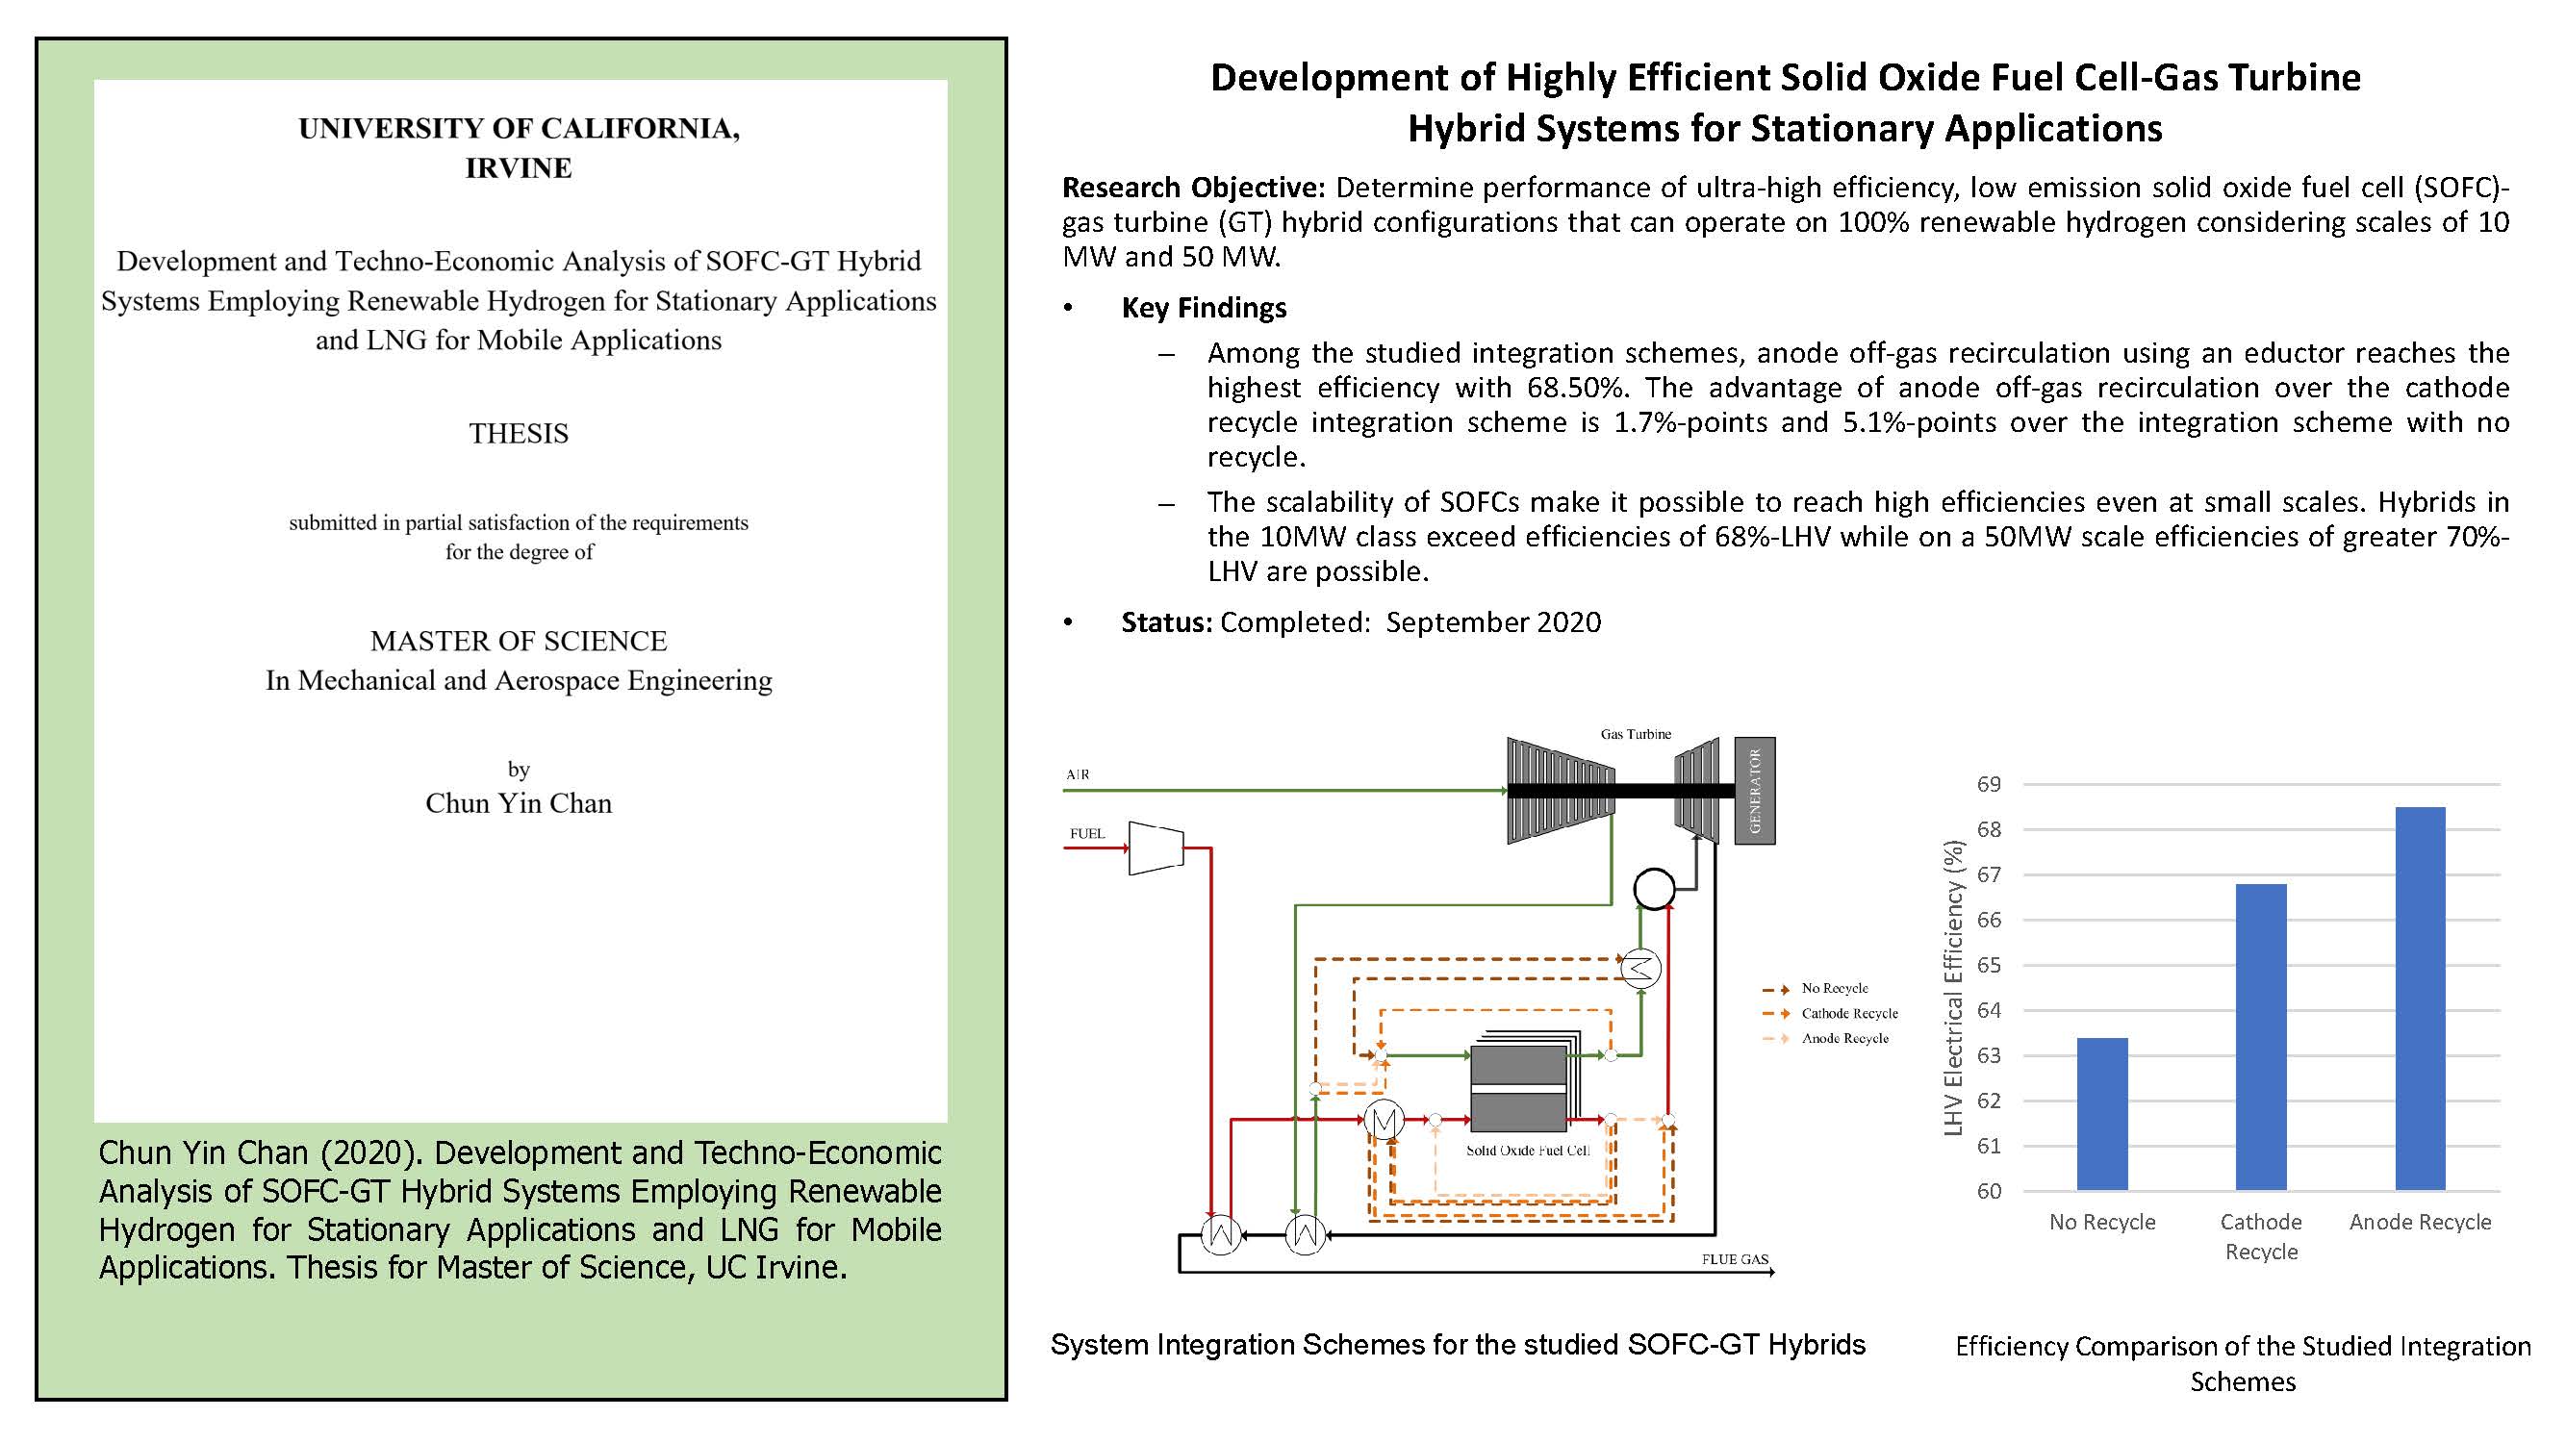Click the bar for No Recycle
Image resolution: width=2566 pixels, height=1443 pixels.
[2102, 1113]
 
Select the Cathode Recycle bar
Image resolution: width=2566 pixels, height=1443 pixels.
[2261, 1037]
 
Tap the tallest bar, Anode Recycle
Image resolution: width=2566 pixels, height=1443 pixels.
[2421, 999]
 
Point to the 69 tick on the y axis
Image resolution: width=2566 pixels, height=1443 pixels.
[1989, 785]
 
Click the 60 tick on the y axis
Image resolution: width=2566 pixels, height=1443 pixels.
[1989, 1191]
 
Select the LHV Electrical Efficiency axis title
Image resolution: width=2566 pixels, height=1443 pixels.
[1953, 987]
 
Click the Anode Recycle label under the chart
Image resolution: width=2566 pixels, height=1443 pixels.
[2421, 1222]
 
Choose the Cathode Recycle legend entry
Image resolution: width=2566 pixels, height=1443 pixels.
[1830, 1014]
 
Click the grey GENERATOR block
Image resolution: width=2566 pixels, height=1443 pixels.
[1755, 791]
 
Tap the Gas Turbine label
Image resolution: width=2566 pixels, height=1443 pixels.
[1636, 734]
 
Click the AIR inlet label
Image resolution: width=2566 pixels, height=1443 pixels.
[1078, 774]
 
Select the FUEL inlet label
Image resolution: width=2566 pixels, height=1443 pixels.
[1087, 833]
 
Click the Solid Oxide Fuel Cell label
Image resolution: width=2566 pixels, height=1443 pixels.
[1528, 1151]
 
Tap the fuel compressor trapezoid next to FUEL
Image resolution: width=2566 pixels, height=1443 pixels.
[1156, 848]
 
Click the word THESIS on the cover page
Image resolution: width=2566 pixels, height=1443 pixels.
[519, 434]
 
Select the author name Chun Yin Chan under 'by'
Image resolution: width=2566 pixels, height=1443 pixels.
[519, 803]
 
